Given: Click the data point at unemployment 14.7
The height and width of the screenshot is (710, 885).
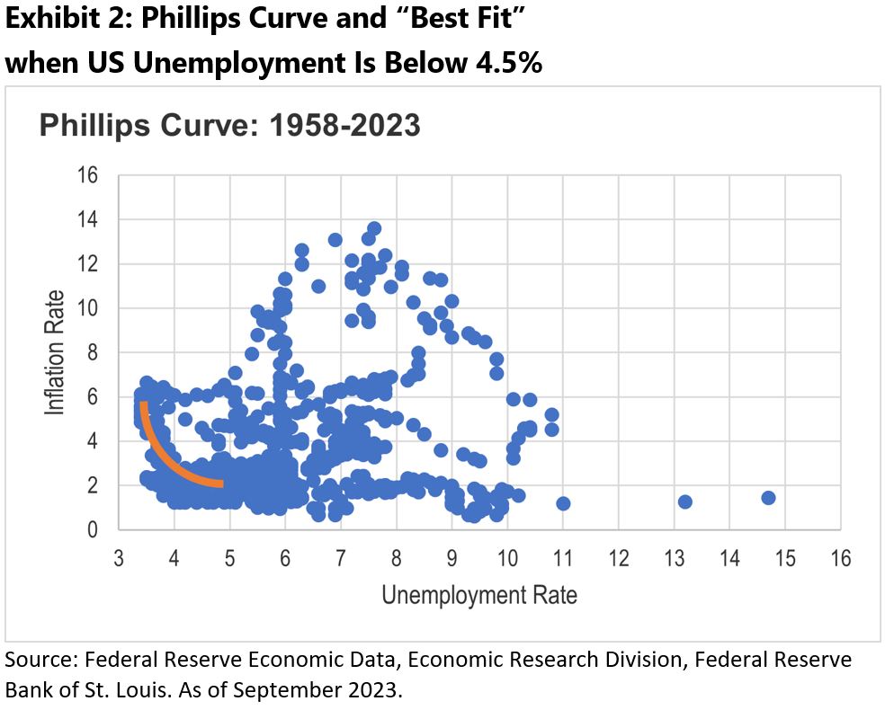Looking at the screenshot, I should pos(768,498).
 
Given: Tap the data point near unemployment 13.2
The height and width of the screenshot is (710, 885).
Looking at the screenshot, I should pos(684,501).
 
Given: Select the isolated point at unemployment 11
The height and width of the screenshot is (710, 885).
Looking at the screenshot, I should pos(563,503).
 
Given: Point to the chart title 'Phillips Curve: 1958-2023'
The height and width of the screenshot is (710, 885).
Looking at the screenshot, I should pos(229,125).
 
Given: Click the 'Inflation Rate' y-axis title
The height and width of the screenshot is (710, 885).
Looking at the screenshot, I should pos(56,351).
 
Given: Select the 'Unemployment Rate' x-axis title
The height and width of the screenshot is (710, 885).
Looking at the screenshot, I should pos(479,595).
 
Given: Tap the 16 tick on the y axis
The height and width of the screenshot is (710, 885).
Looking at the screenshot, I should pos(86,175).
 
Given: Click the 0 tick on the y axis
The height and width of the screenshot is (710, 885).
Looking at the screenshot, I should pos(91,529).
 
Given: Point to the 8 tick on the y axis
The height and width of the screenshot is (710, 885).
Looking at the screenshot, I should pos(91,352).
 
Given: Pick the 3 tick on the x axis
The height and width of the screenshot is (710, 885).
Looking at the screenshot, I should pos(119,558).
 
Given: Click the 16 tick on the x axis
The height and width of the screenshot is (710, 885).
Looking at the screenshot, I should pos(841,558).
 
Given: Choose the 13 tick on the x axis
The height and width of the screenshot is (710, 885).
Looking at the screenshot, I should pos(675,558).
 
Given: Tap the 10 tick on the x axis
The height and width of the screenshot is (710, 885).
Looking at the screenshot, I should pos(507,558).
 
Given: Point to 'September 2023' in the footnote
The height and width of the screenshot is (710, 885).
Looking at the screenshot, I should pos(331,690).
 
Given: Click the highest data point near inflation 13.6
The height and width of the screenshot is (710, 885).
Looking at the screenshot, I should pos(374,228).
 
